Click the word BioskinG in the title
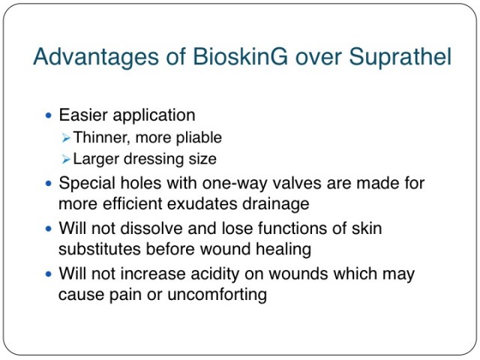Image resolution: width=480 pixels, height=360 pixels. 240,56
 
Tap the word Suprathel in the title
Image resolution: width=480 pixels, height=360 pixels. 400,58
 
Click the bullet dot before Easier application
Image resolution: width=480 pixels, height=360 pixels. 48,115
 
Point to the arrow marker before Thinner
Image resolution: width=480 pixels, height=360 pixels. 66,138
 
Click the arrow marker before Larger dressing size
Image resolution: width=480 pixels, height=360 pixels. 66,159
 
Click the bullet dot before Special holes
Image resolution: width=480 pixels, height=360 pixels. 48,183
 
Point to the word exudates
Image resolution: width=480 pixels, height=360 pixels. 202,205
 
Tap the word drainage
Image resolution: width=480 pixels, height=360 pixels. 276,205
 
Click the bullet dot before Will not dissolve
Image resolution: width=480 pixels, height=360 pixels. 48,229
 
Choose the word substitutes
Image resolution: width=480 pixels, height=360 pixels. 100,249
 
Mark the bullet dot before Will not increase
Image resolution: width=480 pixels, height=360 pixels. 48,274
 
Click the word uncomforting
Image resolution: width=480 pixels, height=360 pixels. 217,295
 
